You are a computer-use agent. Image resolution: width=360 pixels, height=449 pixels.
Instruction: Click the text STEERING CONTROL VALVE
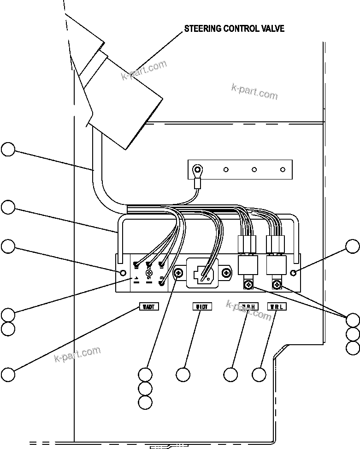[234, 29]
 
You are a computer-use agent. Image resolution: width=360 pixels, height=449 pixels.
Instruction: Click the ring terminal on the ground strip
[199, 169]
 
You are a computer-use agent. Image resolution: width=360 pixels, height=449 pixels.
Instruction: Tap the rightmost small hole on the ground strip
[283, 169]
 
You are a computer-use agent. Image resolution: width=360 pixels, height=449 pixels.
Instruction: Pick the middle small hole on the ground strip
[254, 169]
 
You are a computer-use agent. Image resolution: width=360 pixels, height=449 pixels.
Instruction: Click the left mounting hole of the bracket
[123, 273]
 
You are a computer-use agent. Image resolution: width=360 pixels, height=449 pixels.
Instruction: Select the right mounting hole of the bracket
[294, 273]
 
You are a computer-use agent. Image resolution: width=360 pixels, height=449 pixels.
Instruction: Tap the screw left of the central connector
[178, 273]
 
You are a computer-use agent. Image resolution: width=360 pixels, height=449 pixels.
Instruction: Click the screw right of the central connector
[226, 273]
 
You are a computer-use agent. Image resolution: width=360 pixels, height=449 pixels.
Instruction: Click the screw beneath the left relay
[248, 286]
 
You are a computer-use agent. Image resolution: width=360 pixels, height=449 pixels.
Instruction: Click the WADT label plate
[149, 306]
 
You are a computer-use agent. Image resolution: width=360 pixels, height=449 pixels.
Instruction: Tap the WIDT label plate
[201, 306]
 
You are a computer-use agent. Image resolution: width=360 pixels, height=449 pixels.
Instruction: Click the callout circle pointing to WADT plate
[8, 374]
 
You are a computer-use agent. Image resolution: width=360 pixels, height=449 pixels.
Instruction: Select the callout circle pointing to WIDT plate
[183, 374]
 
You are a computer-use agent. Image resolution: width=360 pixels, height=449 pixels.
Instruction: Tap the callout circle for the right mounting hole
[353, 246]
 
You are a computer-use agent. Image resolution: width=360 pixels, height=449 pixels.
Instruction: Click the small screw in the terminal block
[149, 273]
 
